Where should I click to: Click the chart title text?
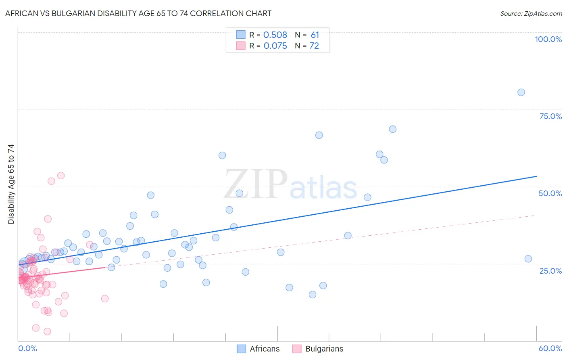click(x=138, y=13)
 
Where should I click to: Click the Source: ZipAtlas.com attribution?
click(x=531, y=13)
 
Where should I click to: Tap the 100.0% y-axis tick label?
click(x=548, y=39)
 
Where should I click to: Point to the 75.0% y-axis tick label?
click(x=550, y=116)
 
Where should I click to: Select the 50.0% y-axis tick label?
click(x=550, y=193)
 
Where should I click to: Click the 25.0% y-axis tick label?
click(x=550, y=270)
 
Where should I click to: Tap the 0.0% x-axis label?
click(x=27, y=348)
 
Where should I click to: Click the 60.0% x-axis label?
click(x=550, y=348)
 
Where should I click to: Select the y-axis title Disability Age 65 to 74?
click(x=11, y=184)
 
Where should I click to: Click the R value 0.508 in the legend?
click(x=275, y=35)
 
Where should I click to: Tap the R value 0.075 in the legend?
click(x=275, y=46)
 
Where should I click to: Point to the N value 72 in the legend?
click(x=314, y=46)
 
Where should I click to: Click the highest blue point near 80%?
click(x=521, y=92)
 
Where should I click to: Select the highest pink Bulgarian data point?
click(x=61, y=176)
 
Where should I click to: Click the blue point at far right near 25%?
click(x=528, y=259)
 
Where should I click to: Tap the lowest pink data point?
click(x=47, y=331)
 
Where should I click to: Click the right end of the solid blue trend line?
click(x=536, y=176)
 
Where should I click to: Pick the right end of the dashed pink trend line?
click(x=535, y=216)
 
